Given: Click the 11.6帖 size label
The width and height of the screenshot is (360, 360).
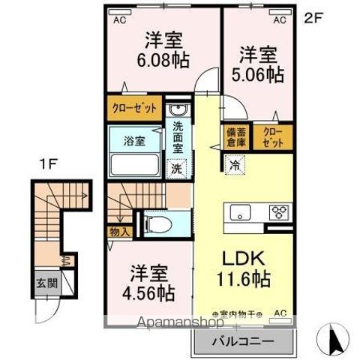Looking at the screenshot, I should pos(245,281).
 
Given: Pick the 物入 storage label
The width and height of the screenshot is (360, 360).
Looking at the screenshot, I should pos(119,232).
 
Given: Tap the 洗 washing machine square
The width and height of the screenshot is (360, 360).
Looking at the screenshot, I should pos(177,169).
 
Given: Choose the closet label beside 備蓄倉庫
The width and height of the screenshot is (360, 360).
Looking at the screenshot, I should pos(268,136).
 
